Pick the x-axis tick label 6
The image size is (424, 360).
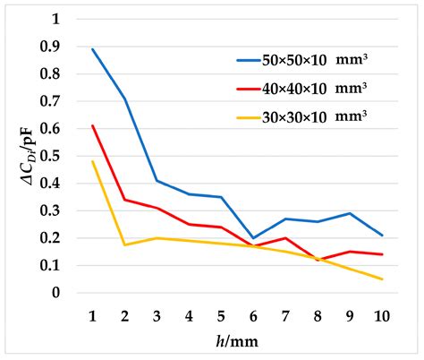[253, 316]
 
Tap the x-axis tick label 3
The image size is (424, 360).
[157, 316]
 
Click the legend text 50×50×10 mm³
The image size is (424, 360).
[316, 61]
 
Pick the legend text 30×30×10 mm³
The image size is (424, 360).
[316, 116]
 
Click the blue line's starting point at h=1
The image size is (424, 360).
[92, 49]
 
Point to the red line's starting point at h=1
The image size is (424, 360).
[92, 126]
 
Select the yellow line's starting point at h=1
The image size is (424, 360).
[92, 162]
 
